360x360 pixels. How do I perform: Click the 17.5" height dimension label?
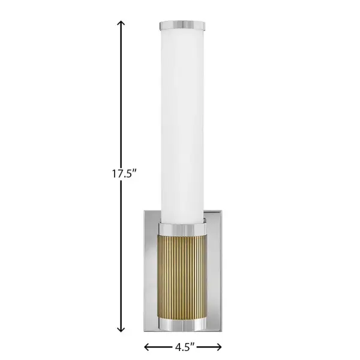point(124,175)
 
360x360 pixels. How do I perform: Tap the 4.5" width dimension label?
point(184,346)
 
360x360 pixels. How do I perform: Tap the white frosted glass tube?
point(183,120)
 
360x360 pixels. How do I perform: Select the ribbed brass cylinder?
point(183,276)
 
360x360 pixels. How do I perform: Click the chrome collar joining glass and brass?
point(183,229)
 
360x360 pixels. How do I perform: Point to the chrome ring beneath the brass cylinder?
point(183,324)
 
